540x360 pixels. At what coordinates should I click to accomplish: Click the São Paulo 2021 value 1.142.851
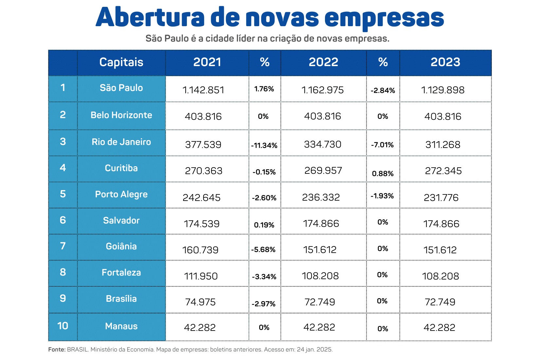(203, 90)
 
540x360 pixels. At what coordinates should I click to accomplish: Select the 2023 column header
(445, 62)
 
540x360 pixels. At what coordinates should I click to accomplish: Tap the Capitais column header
(121, 62)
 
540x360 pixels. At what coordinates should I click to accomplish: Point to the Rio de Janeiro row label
(121, 142)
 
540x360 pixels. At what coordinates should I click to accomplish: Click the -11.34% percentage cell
(264, 145)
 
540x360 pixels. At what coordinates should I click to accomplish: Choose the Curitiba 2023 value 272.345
(443, 171)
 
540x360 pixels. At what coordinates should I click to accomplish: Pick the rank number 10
(63, 326)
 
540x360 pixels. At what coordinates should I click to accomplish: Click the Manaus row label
(121, 326)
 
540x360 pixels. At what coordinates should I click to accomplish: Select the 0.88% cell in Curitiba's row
(383, 174)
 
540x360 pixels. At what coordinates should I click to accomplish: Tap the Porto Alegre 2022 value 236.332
(321, 197)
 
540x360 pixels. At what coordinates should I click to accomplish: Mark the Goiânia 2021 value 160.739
(200, 250)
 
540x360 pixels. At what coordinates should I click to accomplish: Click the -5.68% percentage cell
(263, 250)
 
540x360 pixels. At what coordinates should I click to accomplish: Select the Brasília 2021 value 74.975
(200, 302)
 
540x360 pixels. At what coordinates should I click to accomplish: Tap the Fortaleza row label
(121, 273)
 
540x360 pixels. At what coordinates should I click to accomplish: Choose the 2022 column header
(323, 62)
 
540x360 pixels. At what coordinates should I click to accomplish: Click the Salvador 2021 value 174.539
(202, 224)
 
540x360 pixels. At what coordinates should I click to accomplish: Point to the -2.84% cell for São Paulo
(383, 91)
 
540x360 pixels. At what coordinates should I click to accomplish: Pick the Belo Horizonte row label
(121, 115)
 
